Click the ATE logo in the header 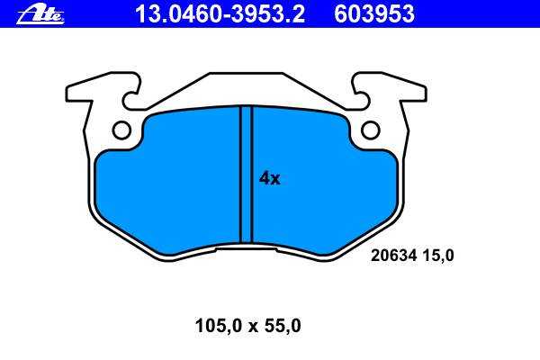[40, 14]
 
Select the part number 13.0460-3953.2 [220, 14]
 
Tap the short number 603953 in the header [374, 14]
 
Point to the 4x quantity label [270, 178]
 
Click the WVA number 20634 [394, 256]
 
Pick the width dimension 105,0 [219, 326]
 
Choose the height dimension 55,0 [283, 326]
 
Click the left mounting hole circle [121, 130]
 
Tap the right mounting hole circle [371, 130]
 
